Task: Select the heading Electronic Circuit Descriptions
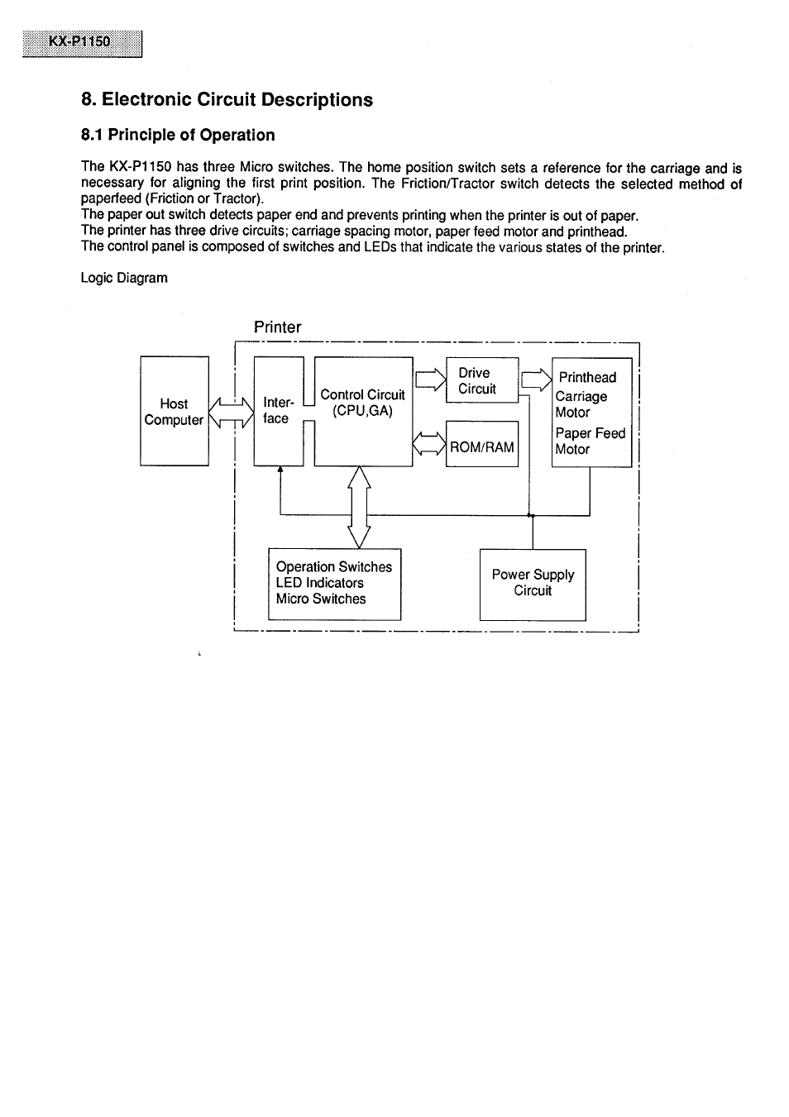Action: coord(227,100)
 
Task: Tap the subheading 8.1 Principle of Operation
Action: coord(178,135)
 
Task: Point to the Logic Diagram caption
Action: coord(124,278)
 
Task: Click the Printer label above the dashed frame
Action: coord(277,327)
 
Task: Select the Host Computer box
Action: coord(174,412)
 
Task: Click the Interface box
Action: coord(278,411)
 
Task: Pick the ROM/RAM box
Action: coord(481,447)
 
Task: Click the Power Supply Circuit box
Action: coord(533,584)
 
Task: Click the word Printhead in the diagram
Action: coord(587,377)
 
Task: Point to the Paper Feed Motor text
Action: coord(591,441)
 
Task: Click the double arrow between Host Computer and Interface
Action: coord(231,412)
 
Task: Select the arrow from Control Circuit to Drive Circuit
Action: coord(430,380)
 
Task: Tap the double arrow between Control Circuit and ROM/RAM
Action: coord(428,444)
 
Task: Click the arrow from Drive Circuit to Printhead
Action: coord(536,379)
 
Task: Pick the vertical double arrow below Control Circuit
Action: coord(358,506)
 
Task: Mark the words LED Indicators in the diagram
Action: coord(320,583)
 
